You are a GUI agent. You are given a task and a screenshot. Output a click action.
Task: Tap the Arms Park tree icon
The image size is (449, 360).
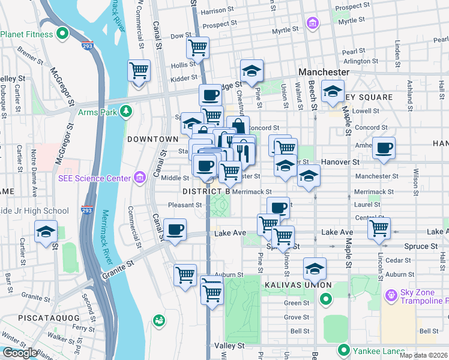coord(126,110)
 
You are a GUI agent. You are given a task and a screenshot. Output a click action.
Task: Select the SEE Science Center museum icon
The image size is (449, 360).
coord(140,177)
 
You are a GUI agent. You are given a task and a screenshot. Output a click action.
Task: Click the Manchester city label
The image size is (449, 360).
coord(324,72)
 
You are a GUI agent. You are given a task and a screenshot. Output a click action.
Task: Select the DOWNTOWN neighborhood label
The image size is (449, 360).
coord(153,139)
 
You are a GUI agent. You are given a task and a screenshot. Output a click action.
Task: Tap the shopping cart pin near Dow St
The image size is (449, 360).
coord(197,47)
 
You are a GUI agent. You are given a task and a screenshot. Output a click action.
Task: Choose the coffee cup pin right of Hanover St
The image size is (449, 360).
coord(384,148)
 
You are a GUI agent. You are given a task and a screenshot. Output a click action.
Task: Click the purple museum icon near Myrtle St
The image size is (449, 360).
coord(312,23)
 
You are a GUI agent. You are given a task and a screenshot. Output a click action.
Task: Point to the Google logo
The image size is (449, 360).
coord(20,353)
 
